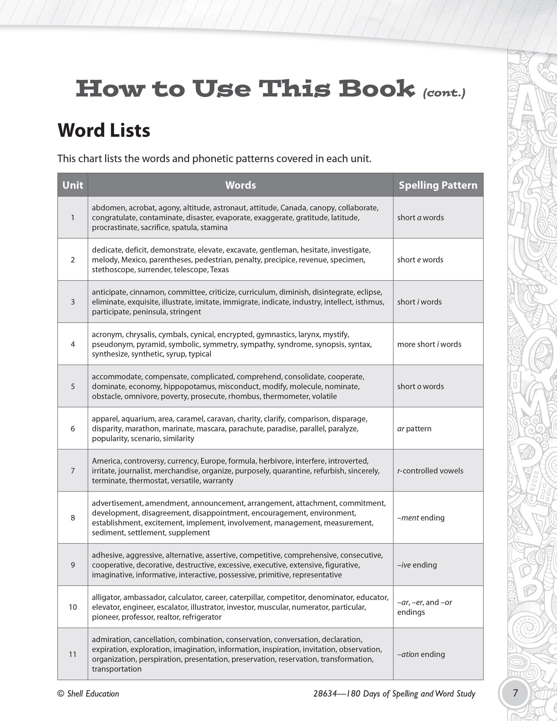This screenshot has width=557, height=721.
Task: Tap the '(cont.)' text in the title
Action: [444, 93]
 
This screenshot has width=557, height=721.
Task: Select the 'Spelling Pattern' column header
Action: [438, 185]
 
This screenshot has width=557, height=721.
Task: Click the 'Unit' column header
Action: [73, 185]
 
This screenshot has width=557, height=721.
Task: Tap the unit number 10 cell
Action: [73, 607]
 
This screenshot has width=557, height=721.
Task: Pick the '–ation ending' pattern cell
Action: [421, 654]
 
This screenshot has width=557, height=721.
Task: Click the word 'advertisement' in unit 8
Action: [117, 503]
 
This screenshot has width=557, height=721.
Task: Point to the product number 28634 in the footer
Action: [325, 694]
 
